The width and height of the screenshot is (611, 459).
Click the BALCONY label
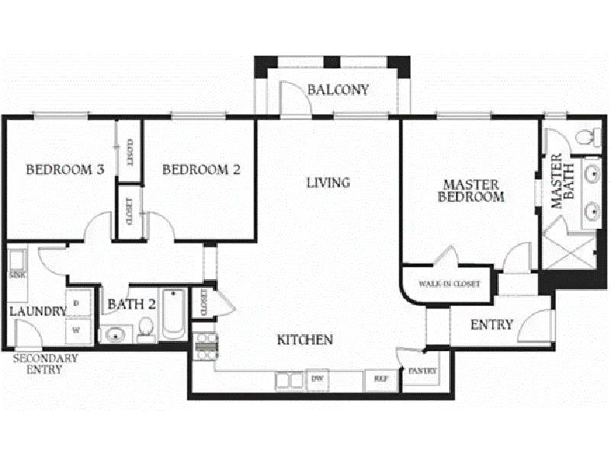[338, 90]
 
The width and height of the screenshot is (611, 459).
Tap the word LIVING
[328, 183]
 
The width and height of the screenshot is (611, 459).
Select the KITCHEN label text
[305, 339]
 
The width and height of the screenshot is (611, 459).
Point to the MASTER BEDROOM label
[470, 190]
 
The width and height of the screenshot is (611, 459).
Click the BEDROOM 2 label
[201, 170]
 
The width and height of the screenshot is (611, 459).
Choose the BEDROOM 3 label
[65, 170]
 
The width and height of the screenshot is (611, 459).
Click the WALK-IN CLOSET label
[448, 284]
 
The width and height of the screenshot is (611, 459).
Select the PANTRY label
[422, 371]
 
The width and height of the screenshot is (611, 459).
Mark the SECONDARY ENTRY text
[45, 364]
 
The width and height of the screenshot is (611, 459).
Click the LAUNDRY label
[37, 311]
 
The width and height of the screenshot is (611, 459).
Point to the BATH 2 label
[131, 304]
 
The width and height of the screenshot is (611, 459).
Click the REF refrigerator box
[380, 378]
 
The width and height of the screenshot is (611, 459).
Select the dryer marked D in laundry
[77, 302]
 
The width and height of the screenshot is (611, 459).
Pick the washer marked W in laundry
[77, 330]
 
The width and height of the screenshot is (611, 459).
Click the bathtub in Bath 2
[173, 314]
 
